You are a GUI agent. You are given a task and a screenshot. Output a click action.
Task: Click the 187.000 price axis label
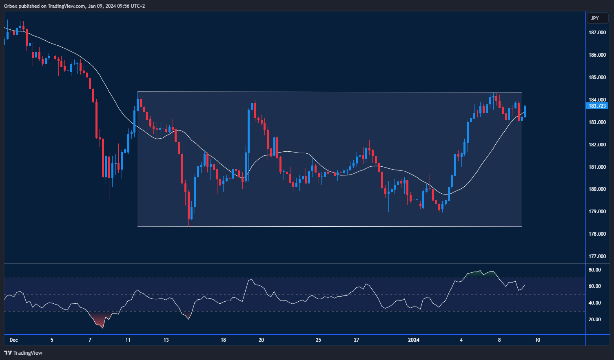597,33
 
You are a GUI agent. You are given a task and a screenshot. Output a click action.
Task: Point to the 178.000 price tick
597,234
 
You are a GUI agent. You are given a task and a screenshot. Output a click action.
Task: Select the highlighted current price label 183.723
597,106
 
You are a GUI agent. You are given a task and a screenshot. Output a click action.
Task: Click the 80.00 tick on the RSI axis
594,270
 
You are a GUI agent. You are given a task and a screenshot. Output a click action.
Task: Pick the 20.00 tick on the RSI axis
594,320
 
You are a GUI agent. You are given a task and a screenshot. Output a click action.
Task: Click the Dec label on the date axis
14,340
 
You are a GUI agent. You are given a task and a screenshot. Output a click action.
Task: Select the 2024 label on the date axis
414,340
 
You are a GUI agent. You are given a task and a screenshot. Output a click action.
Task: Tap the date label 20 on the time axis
262,340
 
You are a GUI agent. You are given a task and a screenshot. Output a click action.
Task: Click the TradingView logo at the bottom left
23,353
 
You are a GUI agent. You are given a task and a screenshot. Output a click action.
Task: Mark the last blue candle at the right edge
525,111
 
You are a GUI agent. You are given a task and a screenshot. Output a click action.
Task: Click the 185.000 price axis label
597,77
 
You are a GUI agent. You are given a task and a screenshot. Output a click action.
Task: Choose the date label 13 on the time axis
166,340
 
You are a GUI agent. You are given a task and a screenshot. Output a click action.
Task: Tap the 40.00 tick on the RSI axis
594,303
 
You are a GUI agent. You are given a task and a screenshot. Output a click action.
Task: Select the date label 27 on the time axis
357,340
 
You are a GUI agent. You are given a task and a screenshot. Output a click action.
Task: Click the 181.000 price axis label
597,167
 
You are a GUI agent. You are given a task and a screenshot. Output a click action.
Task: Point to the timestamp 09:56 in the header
126,6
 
